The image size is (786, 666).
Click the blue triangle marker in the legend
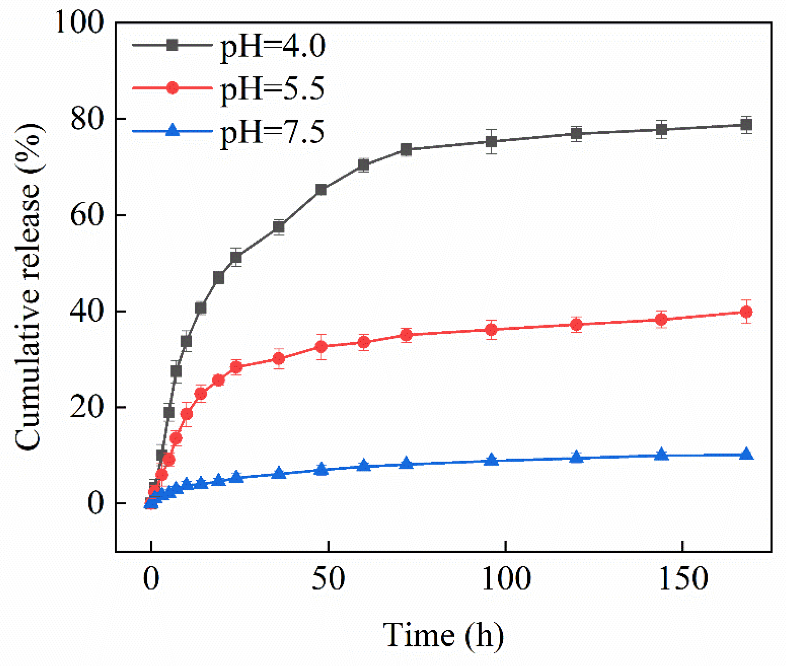173,130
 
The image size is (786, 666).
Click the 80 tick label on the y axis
87,119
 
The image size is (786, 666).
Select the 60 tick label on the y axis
87,216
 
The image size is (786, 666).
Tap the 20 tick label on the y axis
87,408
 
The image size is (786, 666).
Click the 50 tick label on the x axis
328,579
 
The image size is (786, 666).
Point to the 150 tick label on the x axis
683,579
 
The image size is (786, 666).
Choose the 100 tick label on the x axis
506,579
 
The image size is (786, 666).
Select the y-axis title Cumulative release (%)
28,287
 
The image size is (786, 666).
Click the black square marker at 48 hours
321,189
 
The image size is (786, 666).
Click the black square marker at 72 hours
406,150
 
